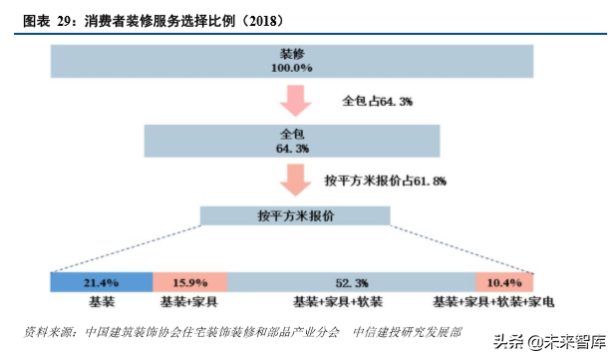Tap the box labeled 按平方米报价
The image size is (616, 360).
coord(295,216)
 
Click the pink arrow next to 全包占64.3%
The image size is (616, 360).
coord(295,102)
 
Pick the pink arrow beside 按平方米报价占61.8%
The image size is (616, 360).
coord(295,180)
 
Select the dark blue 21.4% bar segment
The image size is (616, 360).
coord(101,282)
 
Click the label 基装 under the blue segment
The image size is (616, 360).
coord(102,301)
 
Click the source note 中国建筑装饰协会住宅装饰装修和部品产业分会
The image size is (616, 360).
coord(212,331)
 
